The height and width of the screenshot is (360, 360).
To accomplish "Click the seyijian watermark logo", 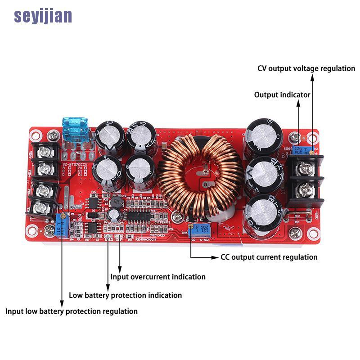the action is tap(43, 16).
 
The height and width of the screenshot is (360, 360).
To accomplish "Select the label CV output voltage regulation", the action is tap(306, 68).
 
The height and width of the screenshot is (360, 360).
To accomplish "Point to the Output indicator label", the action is tap(282, 95).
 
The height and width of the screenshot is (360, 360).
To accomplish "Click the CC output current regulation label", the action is tap(269, 257).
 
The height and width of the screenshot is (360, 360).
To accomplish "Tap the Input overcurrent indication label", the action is tap(158, 277).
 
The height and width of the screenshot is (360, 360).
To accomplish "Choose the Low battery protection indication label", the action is tap(125, 295).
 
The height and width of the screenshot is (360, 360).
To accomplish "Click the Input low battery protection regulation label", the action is tap(72, 311).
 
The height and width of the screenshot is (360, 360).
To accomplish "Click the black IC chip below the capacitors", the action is tap(135, 215).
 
